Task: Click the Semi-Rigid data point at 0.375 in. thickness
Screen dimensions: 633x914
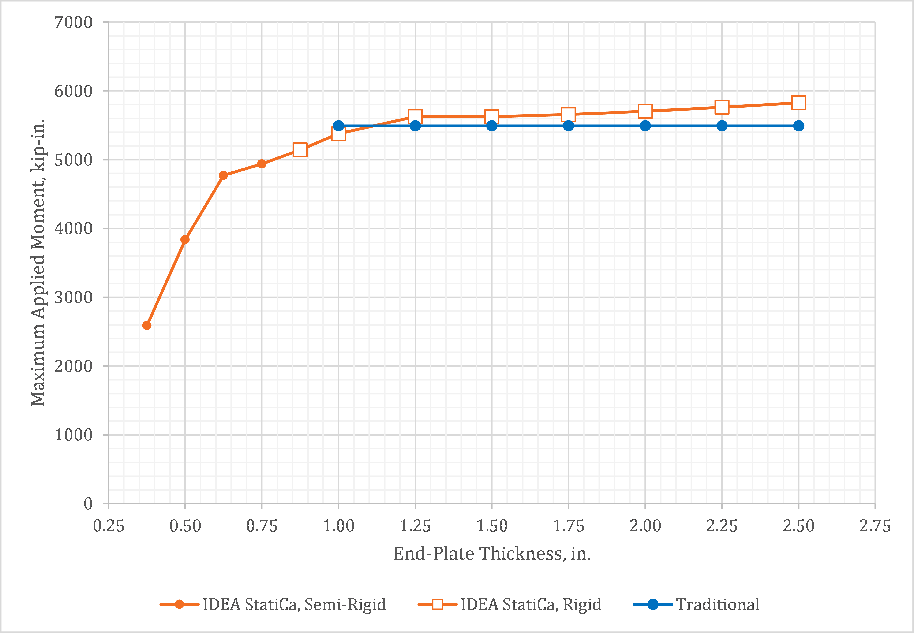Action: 147,325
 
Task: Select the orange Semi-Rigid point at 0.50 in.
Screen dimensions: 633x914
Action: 185,240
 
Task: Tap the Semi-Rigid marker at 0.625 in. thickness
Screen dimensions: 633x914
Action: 223,175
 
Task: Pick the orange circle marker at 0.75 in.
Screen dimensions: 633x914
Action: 261,164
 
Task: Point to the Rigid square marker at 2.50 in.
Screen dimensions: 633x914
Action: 798,103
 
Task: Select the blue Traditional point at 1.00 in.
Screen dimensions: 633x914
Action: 338,126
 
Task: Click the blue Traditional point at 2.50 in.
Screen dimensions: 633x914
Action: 798,126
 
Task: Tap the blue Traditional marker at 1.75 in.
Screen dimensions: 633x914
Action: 569,126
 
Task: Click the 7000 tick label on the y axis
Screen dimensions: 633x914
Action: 73,22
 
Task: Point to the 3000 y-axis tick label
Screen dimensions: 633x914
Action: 73,298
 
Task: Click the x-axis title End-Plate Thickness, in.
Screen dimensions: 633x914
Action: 492,554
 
